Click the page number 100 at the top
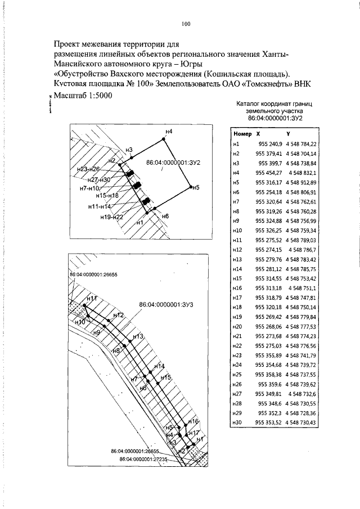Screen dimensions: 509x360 tap(186, 24)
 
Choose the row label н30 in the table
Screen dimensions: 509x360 tap(236, 422)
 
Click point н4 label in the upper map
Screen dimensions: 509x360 tap(169, 132)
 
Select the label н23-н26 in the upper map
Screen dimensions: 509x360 tap(88, 169)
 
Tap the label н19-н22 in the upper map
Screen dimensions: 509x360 tap(111, 217)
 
